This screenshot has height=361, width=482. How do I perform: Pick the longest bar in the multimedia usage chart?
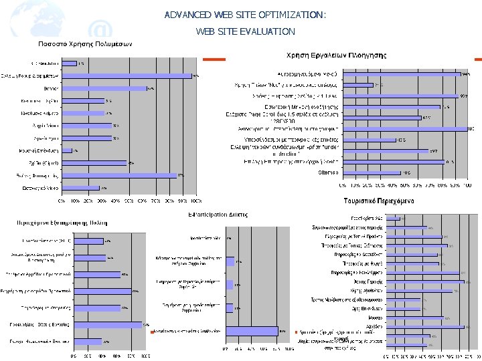[126, 76]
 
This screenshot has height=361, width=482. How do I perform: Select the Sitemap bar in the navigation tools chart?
[372, 172]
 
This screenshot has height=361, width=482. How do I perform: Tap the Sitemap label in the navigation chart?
[328, 172]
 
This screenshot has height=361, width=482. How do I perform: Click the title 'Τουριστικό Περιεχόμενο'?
[380, 200]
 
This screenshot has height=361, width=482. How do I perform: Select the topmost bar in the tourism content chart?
[394, 219]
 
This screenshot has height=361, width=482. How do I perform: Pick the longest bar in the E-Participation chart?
[252, 330]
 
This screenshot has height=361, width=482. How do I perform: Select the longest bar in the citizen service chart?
[107, 325]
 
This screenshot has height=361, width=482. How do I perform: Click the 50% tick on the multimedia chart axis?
[129, 199]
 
